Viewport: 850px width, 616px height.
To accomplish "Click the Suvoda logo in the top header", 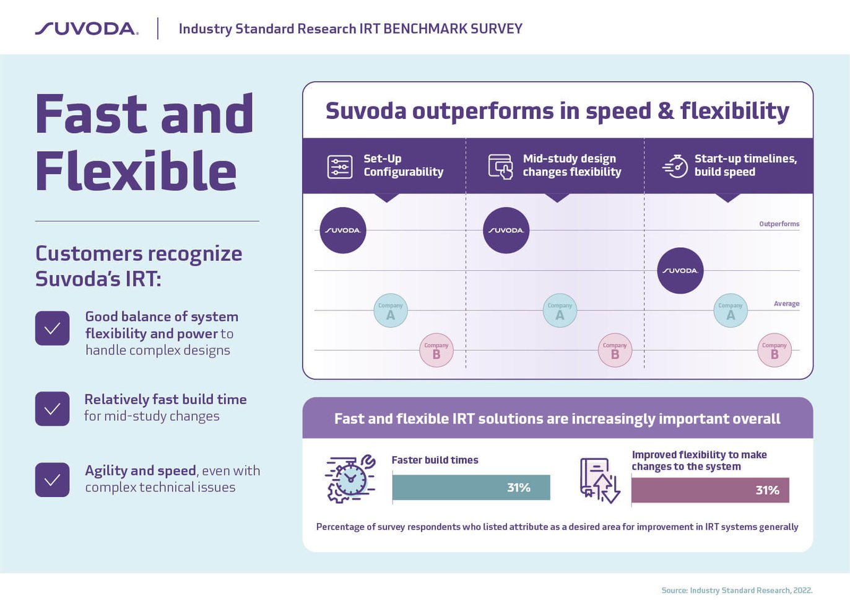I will [87, 29].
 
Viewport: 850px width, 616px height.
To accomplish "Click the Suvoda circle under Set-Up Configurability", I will [343, 231].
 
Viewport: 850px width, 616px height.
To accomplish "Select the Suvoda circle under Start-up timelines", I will [680, 271].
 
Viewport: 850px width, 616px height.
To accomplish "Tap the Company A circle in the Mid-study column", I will [560, 310].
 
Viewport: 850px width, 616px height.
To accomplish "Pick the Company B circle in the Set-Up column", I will [436, 351].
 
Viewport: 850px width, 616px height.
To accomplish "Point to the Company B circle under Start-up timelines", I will [774, 351].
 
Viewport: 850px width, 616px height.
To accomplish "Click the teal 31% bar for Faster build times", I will [471, 488].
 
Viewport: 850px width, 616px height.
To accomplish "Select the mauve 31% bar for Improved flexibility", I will [710, 490].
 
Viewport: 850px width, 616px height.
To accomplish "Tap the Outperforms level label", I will [779, 224].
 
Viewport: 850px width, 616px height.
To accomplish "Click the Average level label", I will [786, 304].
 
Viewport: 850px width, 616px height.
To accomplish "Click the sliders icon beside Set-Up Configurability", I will [340, 167].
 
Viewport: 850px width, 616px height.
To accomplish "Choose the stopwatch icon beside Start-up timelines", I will [675, 166].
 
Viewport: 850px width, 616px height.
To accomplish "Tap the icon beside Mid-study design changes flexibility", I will [501, 167].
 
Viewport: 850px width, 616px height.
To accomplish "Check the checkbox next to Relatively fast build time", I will [53, 409].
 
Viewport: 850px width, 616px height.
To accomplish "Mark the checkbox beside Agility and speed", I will [53, 480].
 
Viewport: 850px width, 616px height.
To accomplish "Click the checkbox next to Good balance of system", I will [53, 328].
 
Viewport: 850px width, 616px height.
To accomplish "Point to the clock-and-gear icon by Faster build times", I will [350, 478].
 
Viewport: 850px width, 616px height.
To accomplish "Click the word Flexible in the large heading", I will [136, 171].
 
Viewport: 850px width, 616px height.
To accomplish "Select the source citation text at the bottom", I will [737, 591].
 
